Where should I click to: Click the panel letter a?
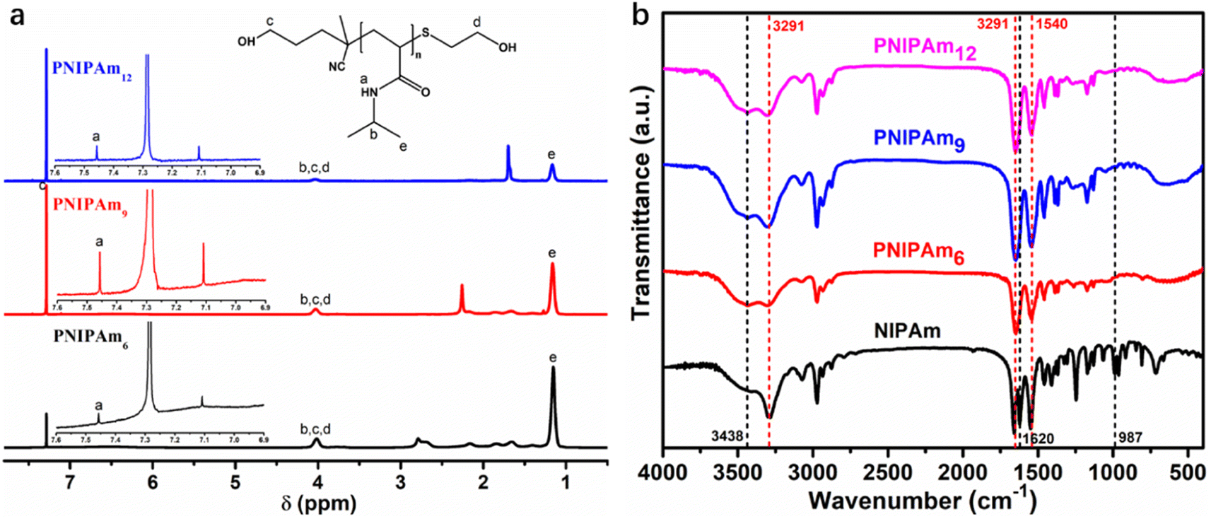[x=15, y=15]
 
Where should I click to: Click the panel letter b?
[x=640, y=15]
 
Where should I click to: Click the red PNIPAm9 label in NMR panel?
[x=90, y=206]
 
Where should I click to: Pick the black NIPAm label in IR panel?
[x=907, y=330]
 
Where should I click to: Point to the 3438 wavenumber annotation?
[x=727, y=437]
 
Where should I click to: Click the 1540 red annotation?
[x=1050, y=25]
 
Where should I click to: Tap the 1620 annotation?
[x=1038, y=439]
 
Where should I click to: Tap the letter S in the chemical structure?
[x=425, y=32]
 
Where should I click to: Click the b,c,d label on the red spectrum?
[x=315, y=299]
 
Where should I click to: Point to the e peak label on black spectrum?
[x=552, y=358]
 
